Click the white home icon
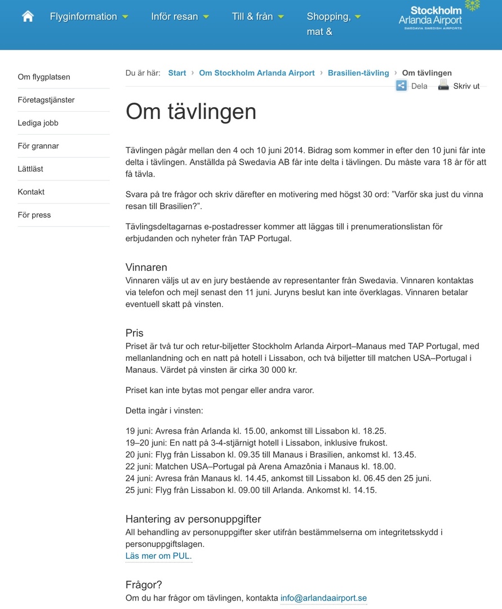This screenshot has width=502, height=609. pos(28,16)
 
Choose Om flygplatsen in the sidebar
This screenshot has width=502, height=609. pos(44,77)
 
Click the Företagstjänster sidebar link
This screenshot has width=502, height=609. pos(46,100)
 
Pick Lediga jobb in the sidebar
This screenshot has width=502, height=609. pos(38,123)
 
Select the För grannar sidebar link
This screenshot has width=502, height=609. pos(38,146)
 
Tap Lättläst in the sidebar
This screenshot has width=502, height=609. pos(30,169)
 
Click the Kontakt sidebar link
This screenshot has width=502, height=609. pos(31,192)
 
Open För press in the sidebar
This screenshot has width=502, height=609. pos(34,215)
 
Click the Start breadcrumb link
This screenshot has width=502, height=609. pos(177,73)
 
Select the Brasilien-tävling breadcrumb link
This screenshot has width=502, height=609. pos(358,73)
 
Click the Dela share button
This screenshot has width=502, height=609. pos(412,86)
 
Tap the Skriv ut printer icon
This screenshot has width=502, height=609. pos(444,86)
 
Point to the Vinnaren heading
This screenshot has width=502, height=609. pos(146,267)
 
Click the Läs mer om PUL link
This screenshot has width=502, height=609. pos(158,556)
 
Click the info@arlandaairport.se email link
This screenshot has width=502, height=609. pos(323,598)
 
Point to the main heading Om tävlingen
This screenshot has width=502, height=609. pos(191,111)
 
